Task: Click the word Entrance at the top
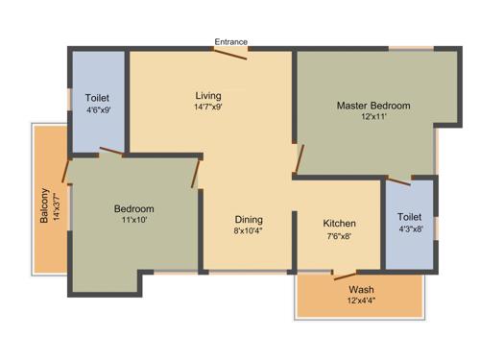[x=230, y=41]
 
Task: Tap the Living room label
[x=208, y=95]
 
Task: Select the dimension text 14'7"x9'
[x=208, y=108]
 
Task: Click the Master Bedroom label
[x=373, y=105]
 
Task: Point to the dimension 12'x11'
[x=373, y=117]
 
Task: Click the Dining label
[x=249, y=219]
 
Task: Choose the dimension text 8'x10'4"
[x=249, y=231]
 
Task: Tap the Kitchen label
[x=339, y=223]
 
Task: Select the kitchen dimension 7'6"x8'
[x=339, y=235]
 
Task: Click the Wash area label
[x=362, y=289]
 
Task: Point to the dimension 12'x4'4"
[x=362, y=301]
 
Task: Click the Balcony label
[x=44, y=206]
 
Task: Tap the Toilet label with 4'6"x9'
[x=97, y=98]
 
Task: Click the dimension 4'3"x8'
[x=410, y=229]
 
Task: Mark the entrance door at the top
[x=230, y=54]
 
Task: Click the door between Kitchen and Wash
[x=345, y=276]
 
